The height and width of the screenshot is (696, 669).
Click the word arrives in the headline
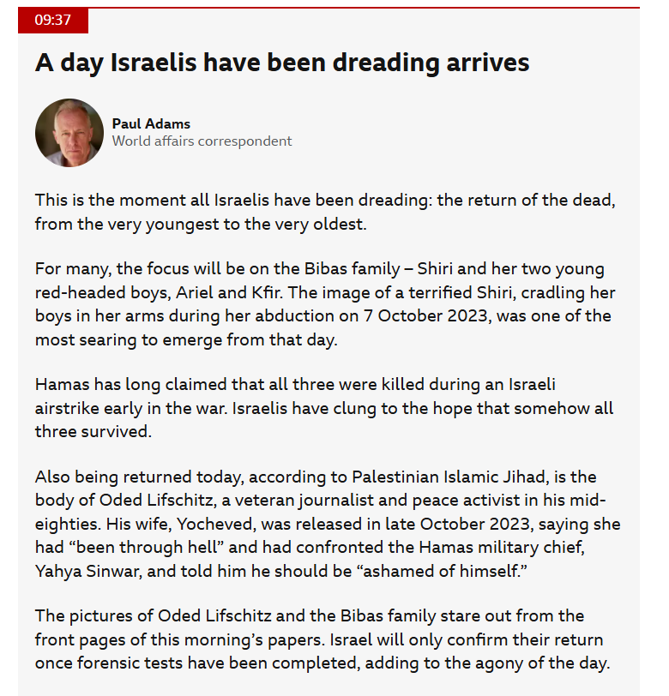(x=487, y=63)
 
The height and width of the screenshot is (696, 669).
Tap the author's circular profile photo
(x=69, y=133)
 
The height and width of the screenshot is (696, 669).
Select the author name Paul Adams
(x=151, y=123)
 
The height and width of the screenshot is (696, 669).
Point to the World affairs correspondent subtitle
(x=202, y=141)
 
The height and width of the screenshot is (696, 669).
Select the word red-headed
(x=75, y=293)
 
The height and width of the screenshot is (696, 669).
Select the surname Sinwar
(x=113, y=570)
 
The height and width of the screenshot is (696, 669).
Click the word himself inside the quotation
(x=485, y=570)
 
